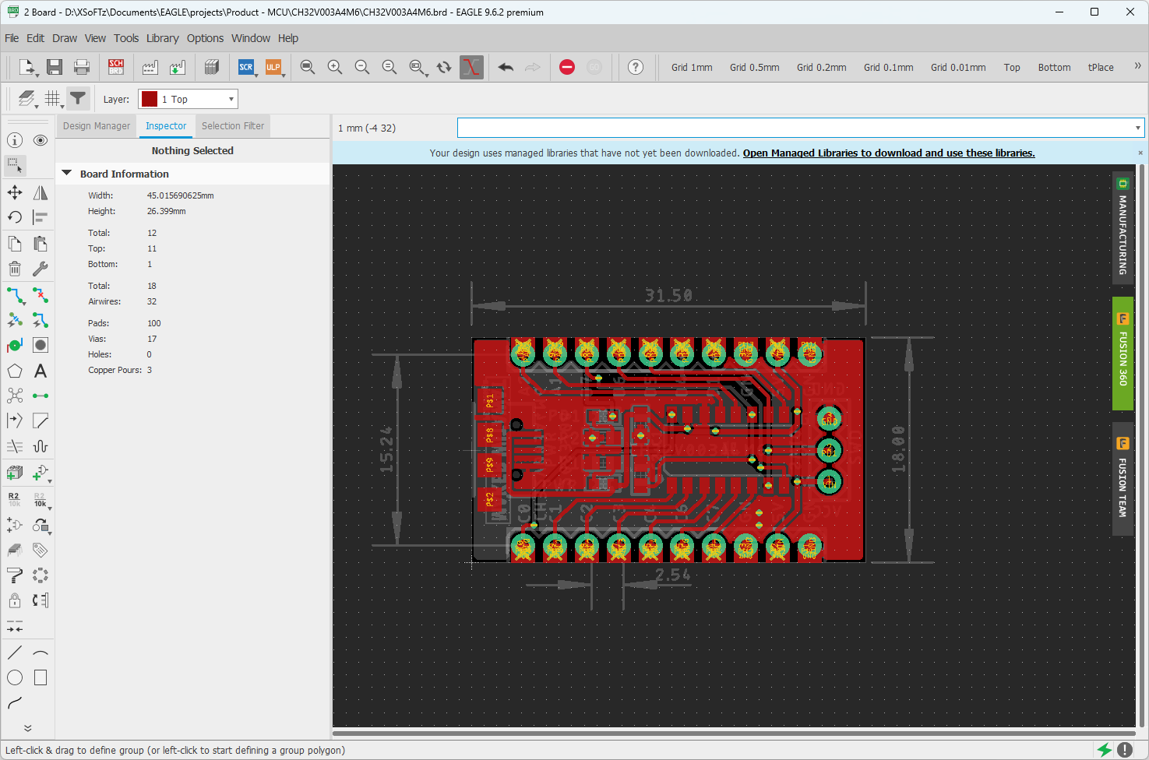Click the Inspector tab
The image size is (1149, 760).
coord(166,126)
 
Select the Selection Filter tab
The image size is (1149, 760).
coord(232,126)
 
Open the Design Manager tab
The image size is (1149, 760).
coord(97,126)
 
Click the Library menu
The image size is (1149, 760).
coord(162,38)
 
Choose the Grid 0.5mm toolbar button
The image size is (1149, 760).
coord(754,68)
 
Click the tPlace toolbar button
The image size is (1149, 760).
coord(1100,68)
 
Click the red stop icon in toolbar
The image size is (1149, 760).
coord(567,68)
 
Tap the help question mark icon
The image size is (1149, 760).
coord(636,68)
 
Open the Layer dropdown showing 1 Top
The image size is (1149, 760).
coord(188,100)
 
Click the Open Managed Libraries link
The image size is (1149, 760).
coord(888,153)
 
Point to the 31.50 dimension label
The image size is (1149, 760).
coord(668,296)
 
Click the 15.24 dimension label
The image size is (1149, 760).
coord(386,449)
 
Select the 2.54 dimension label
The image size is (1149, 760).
coord(672,575)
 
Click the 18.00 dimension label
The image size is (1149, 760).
coord(898,449)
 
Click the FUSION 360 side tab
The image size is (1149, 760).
coord(1123,354)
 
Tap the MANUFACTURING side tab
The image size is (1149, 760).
coord(1123,228)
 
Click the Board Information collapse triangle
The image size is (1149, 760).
coord(67,174)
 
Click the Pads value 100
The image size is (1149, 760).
coord(154,323)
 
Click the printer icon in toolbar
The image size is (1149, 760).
coord(82,68)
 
